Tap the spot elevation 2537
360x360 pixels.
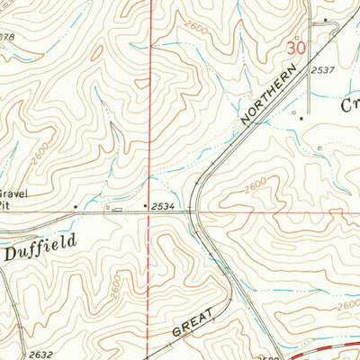point(322,68)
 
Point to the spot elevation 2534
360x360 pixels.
point(163,207)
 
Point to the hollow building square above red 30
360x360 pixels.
point(326,20)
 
